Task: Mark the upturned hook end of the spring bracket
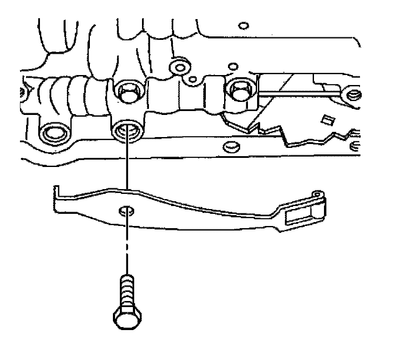pos(56,193)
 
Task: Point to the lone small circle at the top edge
pos(243,26)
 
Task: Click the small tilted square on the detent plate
pos(325,118)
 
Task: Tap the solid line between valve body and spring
pos(127,165)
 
